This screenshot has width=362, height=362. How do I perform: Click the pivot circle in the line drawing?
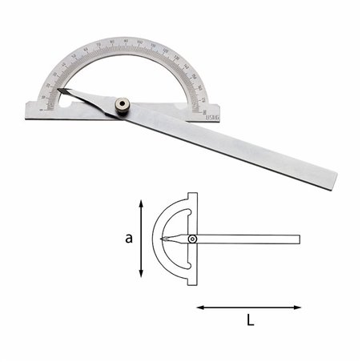[x=192, y=239]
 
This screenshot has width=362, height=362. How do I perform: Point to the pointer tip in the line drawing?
[x=162, y=239]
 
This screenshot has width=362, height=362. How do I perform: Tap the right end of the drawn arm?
[x=300, y=239]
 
